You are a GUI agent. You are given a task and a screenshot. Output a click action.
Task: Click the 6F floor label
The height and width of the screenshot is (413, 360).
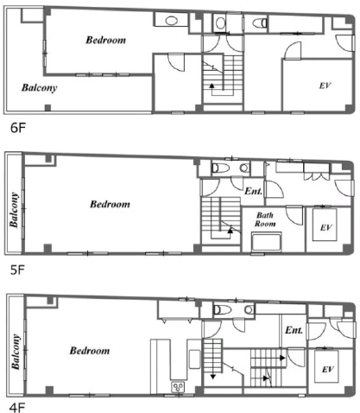(x=18, y=128)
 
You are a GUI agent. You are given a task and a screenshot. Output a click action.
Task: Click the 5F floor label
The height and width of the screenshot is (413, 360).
(x=18, y=270)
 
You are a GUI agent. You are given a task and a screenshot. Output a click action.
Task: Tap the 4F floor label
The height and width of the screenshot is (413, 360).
(x=17, y=408)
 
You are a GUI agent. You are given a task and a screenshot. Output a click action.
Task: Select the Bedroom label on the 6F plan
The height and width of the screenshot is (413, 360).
(x=106, y=40)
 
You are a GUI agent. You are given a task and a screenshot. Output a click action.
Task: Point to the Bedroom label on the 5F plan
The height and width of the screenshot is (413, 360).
(x=110, y=204)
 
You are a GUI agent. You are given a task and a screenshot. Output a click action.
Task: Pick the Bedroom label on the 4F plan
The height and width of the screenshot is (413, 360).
(x=90, y=351)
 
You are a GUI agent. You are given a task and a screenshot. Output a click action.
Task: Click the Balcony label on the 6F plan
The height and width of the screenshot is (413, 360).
(x=40, y=87)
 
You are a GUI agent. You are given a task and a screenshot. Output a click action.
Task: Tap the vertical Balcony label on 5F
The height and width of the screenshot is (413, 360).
(x=14, y=210)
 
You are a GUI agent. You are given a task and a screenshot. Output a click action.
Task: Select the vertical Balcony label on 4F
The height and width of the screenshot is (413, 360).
(x=16, y=352)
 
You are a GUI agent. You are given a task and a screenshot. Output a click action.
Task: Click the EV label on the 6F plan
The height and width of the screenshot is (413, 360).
(x=325, y=86)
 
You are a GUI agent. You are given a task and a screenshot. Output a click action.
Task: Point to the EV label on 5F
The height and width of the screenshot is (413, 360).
(x=326, y=228)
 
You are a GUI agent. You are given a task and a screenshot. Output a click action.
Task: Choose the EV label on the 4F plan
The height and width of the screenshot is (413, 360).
(x=328, y=370)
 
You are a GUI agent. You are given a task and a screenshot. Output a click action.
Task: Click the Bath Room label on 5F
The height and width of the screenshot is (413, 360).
(x=265, y=219)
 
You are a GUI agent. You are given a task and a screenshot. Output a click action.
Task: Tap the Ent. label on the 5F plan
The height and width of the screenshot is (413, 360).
(x=254, y=191)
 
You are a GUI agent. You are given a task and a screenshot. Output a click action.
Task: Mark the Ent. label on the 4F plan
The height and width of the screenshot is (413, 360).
(x=294, y=330)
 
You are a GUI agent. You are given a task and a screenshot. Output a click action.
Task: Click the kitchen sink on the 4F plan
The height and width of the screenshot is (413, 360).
(x=178, y=386)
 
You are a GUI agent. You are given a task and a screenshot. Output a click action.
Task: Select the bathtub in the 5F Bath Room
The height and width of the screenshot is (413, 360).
(x=266, y=242)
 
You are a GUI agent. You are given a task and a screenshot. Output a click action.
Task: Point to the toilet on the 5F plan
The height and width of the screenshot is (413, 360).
(x=221, y=168)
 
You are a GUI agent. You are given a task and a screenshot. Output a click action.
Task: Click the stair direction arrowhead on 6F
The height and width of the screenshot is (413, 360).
(x=212, y=86)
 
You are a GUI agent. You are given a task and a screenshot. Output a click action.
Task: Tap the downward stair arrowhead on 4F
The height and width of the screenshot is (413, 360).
(x=213, y=377)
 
